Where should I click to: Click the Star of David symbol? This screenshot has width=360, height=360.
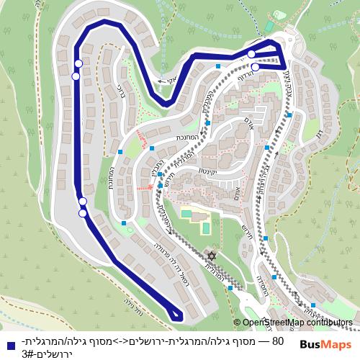coord(212,256)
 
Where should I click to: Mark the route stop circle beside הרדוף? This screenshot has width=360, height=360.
coord(256,67)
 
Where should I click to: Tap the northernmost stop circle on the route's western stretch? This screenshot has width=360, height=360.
coord(78,64)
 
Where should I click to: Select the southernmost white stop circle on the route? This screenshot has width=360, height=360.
coord(84,212)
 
